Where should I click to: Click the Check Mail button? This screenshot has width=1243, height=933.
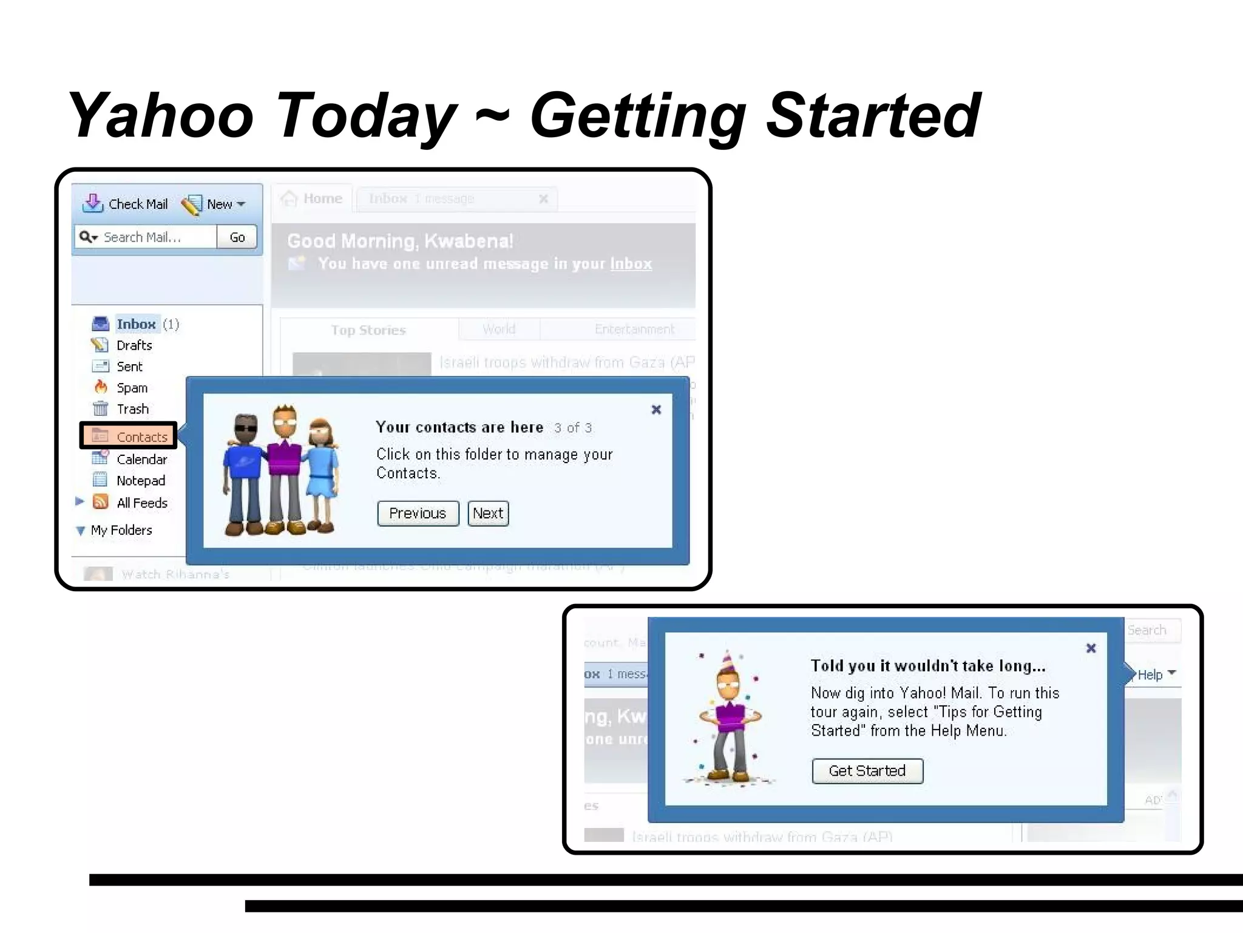coord(126,204)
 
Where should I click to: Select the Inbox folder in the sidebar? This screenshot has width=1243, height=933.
coord(136,324)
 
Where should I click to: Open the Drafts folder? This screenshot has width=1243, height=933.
coord(134,345)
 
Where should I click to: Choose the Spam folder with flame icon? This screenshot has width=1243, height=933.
coord(101,387)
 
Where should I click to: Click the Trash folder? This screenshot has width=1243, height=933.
coord(132,409)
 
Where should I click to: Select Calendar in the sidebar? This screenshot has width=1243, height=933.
coord(141,460)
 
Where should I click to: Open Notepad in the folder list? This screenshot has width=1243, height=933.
coord(140,481)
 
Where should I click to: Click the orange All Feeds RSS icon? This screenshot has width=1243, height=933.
coord(101,502)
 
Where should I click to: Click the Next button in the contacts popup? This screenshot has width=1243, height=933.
coord(488,514)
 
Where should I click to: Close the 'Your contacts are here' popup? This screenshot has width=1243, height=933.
coord(656,410)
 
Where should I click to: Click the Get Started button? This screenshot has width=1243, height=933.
coord(867,771)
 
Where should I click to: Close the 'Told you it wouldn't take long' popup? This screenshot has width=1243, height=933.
coord(1091,648)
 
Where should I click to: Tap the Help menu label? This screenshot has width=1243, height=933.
coord(1150,674)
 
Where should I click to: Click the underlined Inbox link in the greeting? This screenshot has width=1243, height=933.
coord(631,264)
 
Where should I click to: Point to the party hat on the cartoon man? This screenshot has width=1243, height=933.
coord(727,662)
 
